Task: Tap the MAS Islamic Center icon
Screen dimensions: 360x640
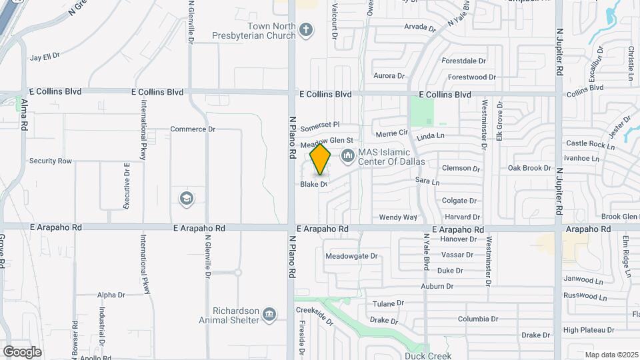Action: click(x=347, y=157)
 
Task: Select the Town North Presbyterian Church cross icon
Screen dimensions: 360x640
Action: click(x=305, y=29)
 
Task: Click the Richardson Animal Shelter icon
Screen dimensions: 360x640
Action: click(x=269, y=314)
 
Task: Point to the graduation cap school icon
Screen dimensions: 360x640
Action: click(x=186, y=198)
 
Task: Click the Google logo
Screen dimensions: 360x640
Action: click(x=22, y=351)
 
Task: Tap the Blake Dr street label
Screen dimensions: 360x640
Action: click(x=313, y=184)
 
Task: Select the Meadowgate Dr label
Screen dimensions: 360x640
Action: click(x=351, y=256)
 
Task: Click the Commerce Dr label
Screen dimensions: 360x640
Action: click(x=193, y=129)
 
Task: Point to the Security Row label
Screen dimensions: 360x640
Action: click(x=50, y=161)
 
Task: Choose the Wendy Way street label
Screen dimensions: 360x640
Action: click(x=397, y=217)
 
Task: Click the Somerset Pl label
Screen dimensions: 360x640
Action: click(x=320, y=125)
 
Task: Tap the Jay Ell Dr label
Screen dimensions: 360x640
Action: click(x=45, y=57)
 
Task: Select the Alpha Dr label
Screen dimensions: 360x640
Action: click(x=111, y=295)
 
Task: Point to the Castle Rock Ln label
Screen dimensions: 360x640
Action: click(x=590, y=144)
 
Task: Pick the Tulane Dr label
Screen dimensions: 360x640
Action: click(x=385, y=303)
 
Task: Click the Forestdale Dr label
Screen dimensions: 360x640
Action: click(x=467, y=60)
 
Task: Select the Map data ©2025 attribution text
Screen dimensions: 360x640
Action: click(x=611, y=355)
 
